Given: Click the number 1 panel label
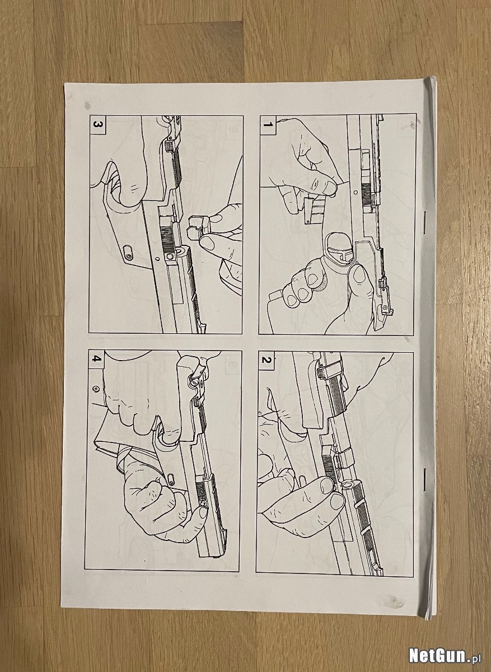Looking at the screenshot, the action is coord(268,124).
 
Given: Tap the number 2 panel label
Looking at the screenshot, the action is coord(266,360).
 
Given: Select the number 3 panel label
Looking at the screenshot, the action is coord(97,124).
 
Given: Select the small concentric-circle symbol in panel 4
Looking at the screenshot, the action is coord(96,389).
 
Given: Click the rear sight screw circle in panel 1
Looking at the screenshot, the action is coord(384,307).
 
